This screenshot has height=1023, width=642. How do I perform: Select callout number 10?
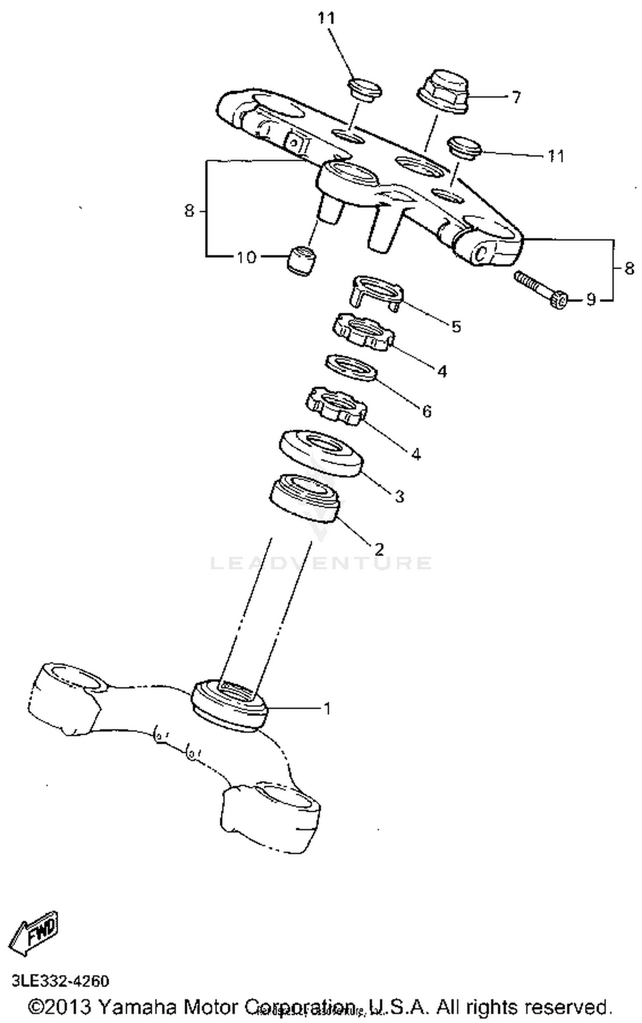(x=246, y=257)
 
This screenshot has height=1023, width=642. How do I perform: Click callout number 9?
(x=591, y=300)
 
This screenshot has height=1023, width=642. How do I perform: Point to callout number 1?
(x=327, y=709)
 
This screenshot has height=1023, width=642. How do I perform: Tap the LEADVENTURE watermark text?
(x=321, y=563)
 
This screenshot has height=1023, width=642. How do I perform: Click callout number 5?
(x=456, y=327)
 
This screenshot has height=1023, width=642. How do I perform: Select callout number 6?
(x=427, y=411)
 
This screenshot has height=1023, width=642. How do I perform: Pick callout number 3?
(x=399, y=497)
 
